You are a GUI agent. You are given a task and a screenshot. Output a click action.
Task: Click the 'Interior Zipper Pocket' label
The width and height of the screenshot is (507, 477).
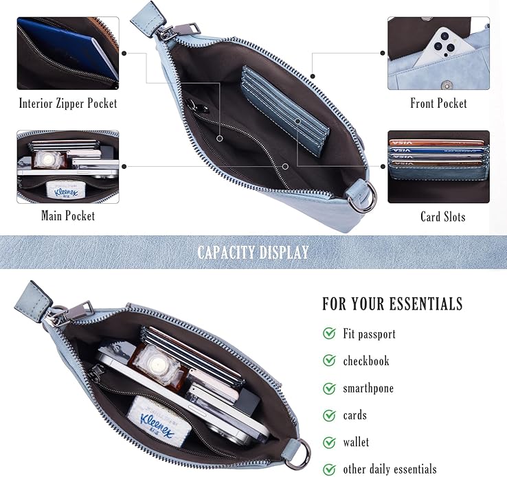(68, 104)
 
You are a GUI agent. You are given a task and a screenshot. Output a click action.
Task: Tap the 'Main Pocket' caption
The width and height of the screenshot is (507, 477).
(68, 216)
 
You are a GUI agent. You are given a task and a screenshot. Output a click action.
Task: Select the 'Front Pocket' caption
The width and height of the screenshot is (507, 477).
(438, 104)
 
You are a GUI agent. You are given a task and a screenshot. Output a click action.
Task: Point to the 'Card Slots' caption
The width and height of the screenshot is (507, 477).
(442, 216)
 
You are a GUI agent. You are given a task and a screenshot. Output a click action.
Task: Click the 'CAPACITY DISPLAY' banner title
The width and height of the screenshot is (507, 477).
(253, 252)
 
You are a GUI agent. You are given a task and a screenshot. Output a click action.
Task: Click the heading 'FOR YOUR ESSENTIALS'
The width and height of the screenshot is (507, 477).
(392, 303)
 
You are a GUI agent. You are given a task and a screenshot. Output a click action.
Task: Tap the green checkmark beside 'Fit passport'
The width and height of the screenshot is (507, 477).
(329, 333)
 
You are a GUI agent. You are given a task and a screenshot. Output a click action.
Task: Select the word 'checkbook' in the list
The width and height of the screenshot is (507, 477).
(366, 361)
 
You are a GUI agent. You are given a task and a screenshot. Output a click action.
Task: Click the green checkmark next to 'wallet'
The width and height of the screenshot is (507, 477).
(329, 442)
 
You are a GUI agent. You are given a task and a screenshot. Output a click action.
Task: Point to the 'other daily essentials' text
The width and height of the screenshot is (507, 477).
(390, 469)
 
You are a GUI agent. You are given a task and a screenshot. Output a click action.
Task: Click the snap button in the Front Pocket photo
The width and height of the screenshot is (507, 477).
(447, 86)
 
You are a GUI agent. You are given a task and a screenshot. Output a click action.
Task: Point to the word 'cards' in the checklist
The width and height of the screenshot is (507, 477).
(354, 415)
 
